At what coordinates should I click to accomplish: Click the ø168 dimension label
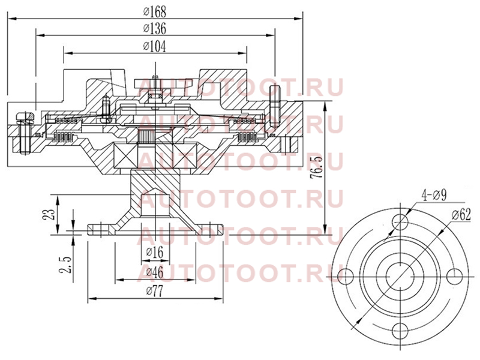pyautogui.click(x=155, y=12)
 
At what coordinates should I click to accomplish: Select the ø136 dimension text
pyautogui.click(x=155, y=28)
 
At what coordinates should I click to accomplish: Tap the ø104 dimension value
pyautogui.click(x=155, y=47)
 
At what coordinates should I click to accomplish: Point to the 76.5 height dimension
pyautogui.click(x=317, y=168)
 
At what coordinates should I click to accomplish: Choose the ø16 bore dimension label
pyautogui.click(x=155, y=252)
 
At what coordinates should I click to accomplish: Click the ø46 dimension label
pyautogui.click(x=155, y=272)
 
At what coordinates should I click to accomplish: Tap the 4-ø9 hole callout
pyautogui.click(x=434, y=194)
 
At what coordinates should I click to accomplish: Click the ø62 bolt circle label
pyautogui.click(x=461, y=215)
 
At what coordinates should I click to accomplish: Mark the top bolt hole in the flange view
pyautogui.click(x=400, y=220)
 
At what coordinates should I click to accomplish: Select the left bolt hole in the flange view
pyautogui.click(x=346, y=276)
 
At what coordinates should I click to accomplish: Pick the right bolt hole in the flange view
pyautogui.click(x=455, y=276)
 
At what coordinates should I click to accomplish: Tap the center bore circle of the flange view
pyautogui.click(x=400, y=276)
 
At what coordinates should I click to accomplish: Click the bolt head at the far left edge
pyautogui.click(x=25, y=116)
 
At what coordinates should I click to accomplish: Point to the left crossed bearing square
pyautogui.click(x=125, y=156)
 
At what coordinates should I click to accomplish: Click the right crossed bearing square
pyautogui.click(x=187, y=156)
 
